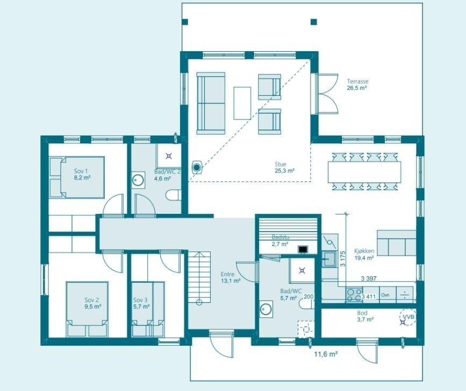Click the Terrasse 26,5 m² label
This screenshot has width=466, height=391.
pyautogui.click(x=357, y=84)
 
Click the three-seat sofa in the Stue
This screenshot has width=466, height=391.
pyautogui.click(x=211, y=102)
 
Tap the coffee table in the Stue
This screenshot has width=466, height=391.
pyautogui.click(x=242, y=102)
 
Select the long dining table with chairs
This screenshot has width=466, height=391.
pyautogui.click(x=365, y=171)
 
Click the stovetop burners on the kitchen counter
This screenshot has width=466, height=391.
pyautogui.click(x=354, y=295)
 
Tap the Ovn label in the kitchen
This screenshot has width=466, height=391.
pyautogui.click(x=385, y=295)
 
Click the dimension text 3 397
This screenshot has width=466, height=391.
pyautogui.click(x=367, y=278)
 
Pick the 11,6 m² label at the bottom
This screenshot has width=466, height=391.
pyautogui.click(x=325, y=354)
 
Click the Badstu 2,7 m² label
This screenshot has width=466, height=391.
pyautogui.click(x=280, y=241)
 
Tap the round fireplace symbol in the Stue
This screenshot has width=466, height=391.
pyautogui.click(x=198, y=167)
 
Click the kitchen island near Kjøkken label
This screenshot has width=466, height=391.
pyautogui.click(x=396, y=243)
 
